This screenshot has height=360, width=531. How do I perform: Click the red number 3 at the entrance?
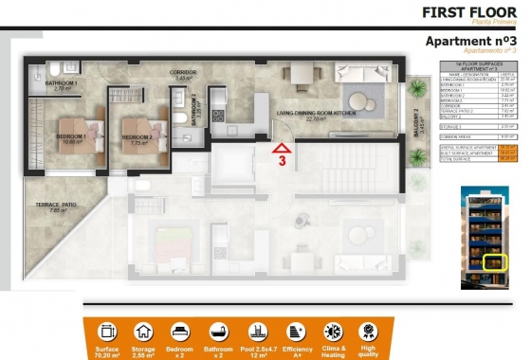(282, 160)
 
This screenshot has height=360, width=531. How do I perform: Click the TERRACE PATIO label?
(56, 205)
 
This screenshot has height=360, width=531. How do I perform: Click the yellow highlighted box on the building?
(492, 261)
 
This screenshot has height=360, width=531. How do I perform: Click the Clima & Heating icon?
(332, 332)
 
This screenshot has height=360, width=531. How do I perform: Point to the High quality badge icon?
(369, 332)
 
